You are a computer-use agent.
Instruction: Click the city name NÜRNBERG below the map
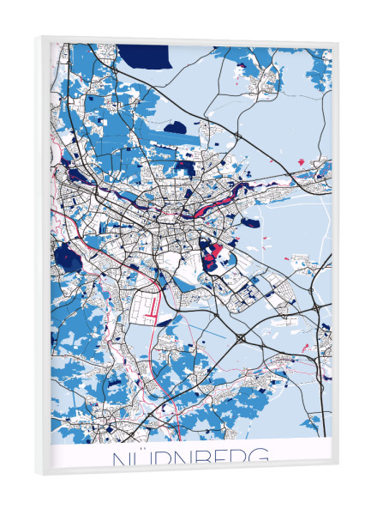click(x=189, y=457)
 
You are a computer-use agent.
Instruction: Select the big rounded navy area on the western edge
click(x=64, y=255)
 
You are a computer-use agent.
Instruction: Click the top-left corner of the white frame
click(x=41, y=36)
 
